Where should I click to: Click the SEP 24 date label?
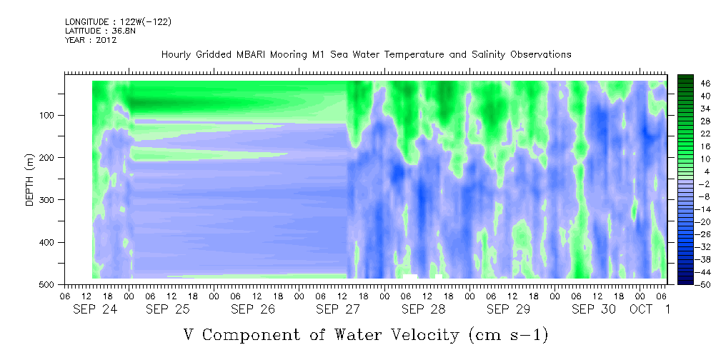(95, 310)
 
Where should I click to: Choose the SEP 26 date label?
(254, 310)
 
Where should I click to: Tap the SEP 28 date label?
(424, 310)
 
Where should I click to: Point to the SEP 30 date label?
(594, 310)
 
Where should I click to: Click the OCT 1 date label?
(650, 310)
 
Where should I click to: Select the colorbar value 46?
(693, 84)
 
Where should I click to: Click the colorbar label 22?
(693, 136)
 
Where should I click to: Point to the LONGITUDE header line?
(118, 21)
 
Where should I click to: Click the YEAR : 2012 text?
(91, 40)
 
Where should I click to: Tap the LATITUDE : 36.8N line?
(100, 31)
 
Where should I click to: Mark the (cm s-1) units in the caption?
(508, 335)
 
